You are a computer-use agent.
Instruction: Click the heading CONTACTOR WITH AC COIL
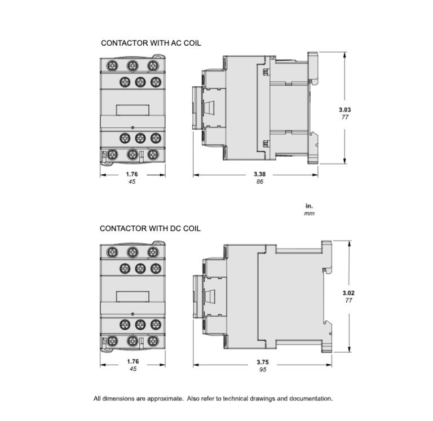151,43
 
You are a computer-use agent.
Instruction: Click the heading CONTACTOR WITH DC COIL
150,229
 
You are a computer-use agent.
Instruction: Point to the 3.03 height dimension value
344,110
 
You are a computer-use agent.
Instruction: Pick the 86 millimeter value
259,182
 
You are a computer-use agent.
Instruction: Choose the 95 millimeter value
263,370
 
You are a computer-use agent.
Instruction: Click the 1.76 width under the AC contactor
132,174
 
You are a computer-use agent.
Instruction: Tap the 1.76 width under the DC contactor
132,361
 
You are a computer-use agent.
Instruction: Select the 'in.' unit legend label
309,206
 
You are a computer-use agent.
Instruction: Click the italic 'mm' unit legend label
309,214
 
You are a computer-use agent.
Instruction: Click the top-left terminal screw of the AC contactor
112,65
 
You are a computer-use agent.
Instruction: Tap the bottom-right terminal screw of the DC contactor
152,340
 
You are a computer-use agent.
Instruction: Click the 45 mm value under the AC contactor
132,182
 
